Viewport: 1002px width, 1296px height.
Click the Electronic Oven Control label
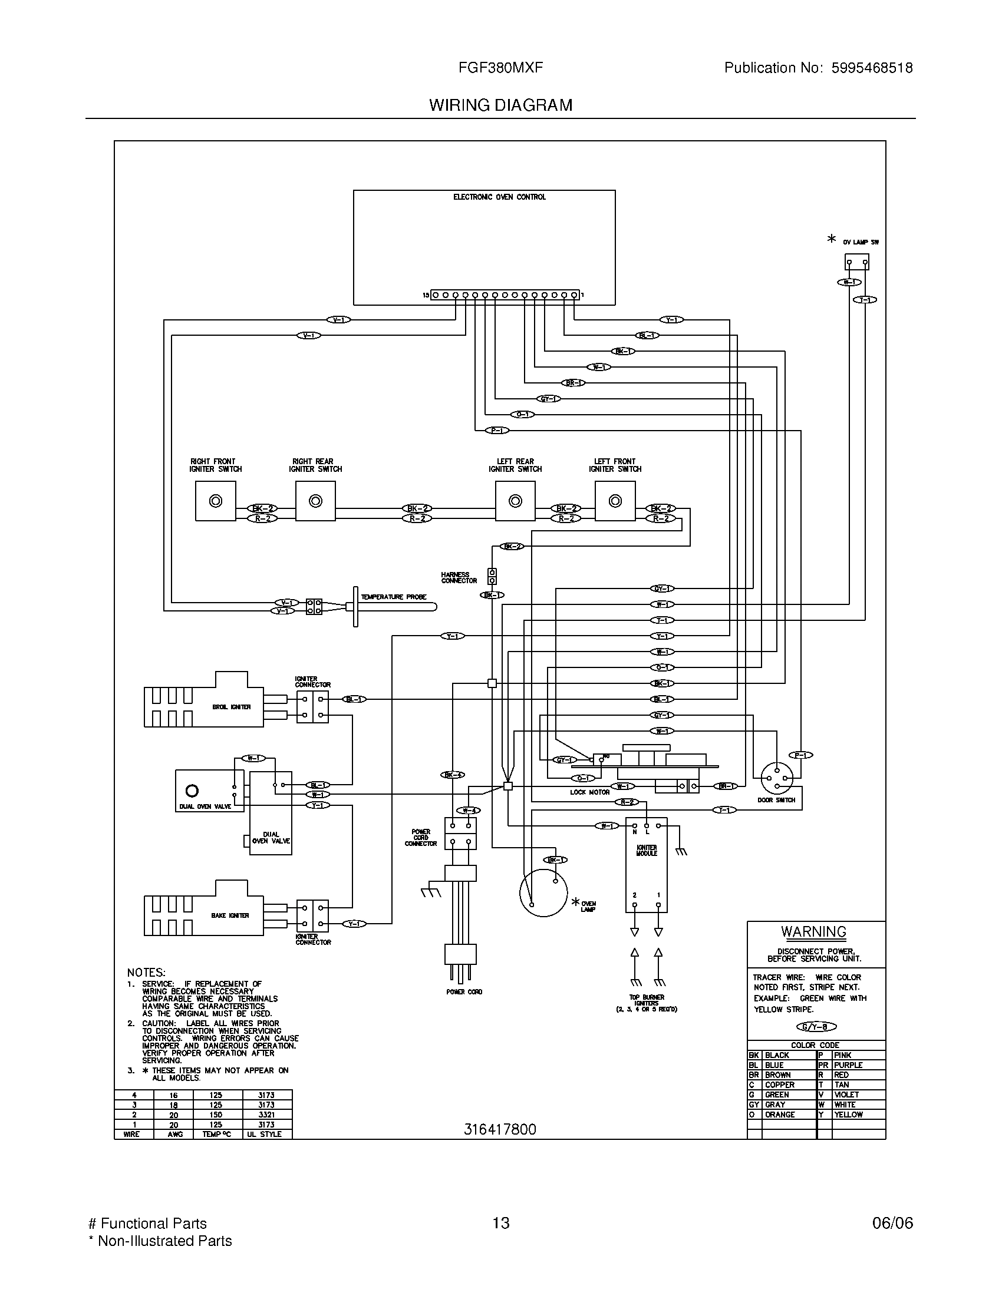point(499,197)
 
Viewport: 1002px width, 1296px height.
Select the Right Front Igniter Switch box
point(216,501)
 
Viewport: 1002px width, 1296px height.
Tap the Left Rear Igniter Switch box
point(515,501)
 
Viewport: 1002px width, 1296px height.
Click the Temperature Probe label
point(394,597)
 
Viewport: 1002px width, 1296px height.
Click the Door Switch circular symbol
point(776,778)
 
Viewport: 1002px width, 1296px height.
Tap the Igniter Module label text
point(647,850)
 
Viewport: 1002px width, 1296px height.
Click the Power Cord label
point(464,992)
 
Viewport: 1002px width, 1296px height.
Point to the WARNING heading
point(813,933)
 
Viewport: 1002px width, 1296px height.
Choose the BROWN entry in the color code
point(777,1075)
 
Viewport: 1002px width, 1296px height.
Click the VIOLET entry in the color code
point(846,1095)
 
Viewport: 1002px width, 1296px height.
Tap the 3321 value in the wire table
point(266,1115)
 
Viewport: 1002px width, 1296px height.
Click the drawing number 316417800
point(500,1129)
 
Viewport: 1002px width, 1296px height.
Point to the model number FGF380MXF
point(500,68)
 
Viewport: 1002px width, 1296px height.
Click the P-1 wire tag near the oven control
point(497,430)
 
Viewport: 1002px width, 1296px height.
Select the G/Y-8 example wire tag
point(816,1027)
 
